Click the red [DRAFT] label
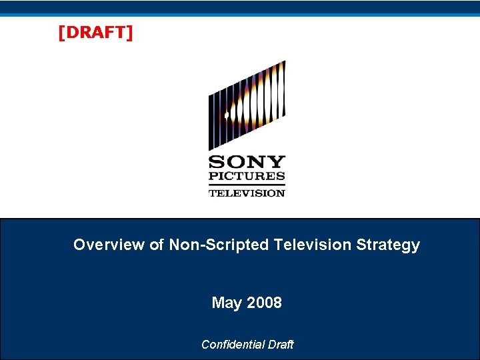tap(95, 33)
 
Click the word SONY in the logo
tap(247, 162)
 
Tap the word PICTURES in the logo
tap(247, 177)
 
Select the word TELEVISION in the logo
tap(247, 193)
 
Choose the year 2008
tap(264, 303)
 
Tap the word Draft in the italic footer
tap(279, 344)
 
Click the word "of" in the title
tap(157, 245)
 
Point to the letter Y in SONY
tap(277, 162)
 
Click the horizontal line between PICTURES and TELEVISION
tap(247, 185)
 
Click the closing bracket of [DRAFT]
tap(130, 33)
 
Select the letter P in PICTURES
tap(213, 177)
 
